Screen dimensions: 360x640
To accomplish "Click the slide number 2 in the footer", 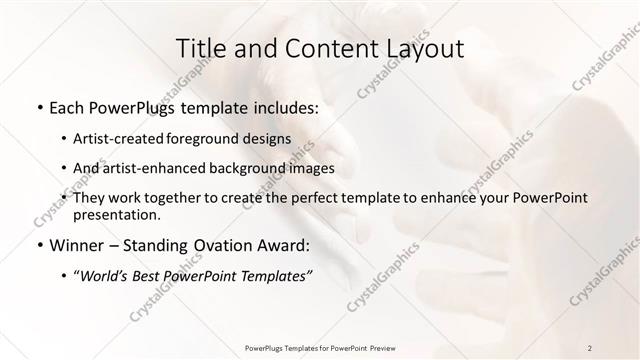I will [590, 347].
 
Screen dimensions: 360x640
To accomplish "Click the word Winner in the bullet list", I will [76, 244].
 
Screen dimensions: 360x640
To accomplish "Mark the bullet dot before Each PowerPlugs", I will [39, 107].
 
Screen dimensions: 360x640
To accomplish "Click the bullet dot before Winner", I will [39, 244].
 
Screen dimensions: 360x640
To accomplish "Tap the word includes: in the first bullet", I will [288, 107].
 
